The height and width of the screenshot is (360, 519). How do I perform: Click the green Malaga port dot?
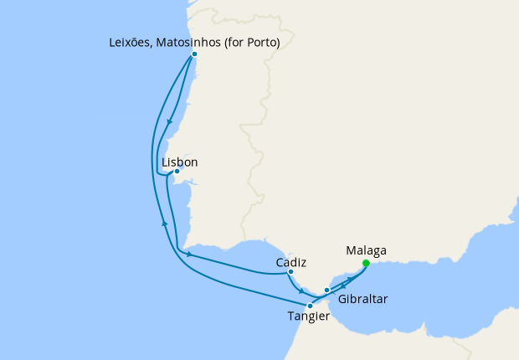coord(366,263)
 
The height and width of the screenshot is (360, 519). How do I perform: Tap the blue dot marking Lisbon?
coord(177,172)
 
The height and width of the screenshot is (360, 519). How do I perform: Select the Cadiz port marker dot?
coord(290,272)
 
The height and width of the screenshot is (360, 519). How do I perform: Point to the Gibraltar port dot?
coord(327,291)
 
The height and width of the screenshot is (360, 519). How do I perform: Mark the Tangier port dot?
coord(310,306)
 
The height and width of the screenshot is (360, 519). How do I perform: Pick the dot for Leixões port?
coord(194,54)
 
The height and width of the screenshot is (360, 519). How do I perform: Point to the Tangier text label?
coord(308,316)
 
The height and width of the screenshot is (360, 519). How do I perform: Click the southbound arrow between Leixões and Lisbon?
coord(170,121)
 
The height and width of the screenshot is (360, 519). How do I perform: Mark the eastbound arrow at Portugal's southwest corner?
coord(189,254)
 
